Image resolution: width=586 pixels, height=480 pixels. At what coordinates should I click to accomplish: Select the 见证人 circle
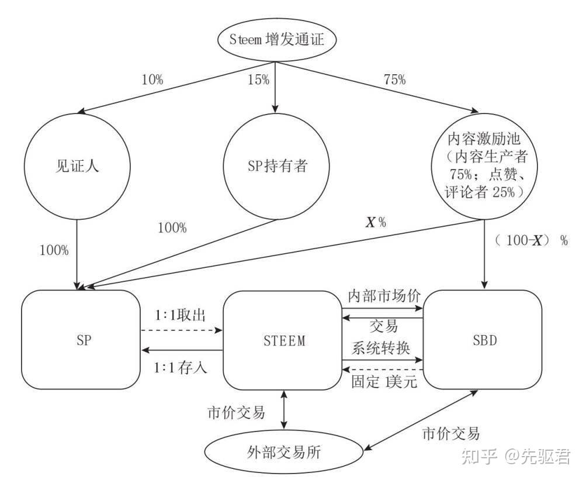(77, 165)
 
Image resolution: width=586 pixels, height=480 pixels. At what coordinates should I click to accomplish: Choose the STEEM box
(282, 340)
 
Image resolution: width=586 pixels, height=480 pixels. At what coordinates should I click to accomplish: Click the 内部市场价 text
(383, 295)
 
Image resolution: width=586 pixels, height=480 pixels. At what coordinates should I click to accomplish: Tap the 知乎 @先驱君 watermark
(515, 455)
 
